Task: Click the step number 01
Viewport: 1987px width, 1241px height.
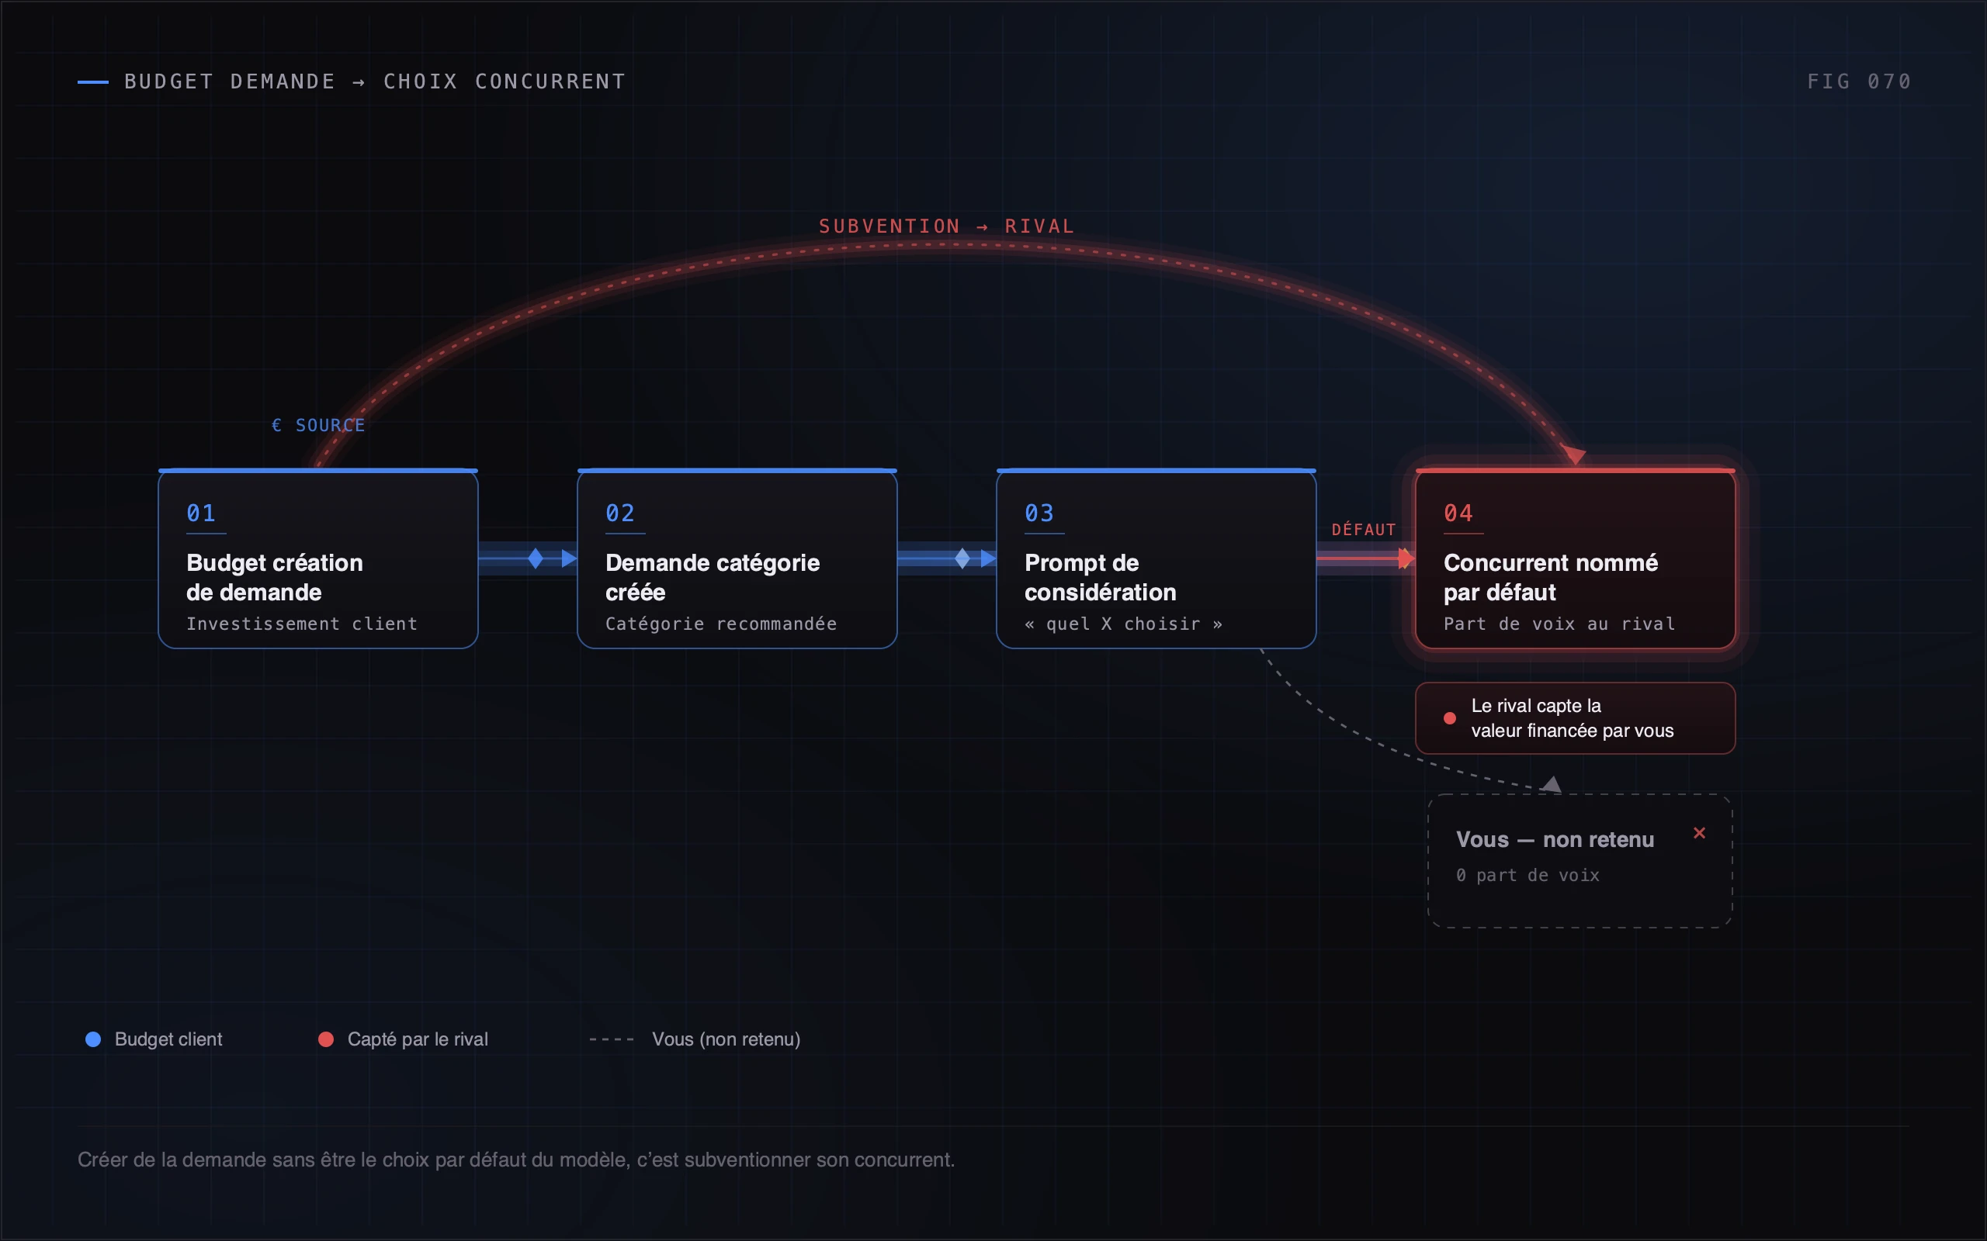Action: [x=201, y=513]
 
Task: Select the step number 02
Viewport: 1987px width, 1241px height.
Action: [x=620, y=513]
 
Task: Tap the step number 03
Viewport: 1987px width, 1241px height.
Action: [x=1039, y=513]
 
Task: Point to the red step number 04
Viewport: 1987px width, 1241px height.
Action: [x=1458, y=513]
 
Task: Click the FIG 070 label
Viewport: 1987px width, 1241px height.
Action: [x=1859, y=81]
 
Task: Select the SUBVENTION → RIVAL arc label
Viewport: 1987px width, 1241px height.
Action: [x=947, y=226]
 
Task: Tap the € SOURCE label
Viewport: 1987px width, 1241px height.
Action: [x=318, y=425]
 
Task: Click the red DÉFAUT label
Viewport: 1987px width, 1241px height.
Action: [x=1364, y=530]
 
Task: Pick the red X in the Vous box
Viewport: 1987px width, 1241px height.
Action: [x=1700, y=833]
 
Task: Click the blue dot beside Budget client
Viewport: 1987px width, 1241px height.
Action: [x=94, y=1039]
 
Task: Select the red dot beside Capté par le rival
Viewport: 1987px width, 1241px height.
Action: [x=326, y=1039]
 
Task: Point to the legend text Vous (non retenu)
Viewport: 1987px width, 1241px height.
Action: [x=726, y=1039]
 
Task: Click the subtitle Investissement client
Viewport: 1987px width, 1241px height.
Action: [x=302, y=624]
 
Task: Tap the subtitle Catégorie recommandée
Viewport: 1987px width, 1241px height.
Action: [x=721, y=624]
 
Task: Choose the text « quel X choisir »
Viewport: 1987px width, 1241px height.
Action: [x=1124, y=624]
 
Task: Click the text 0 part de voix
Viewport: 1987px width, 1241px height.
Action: [x=1528, y=875]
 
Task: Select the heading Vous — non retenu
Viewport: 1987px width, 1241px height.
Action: [x=1555, y=840]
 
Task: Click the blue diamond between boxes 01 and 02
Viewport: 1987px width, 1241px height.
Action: [x=536, y=559]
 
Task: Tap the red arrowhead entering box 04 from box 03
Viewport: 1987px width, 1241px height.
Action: [x=1406, y=559]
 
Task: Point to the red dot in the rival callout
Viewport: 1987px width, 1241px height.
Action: [x=1450, y=718]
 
